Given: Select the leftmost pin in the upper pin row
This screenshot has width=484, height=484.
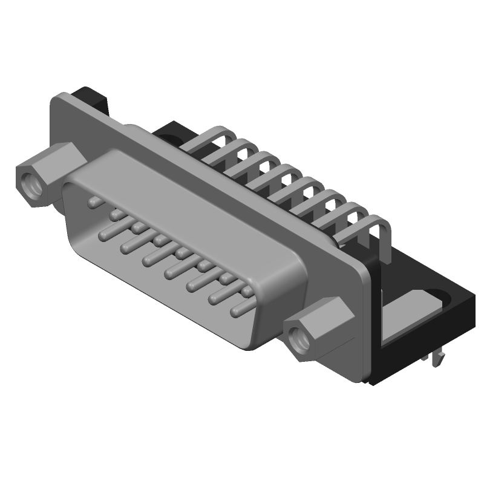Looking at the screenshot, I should click(x=93, y=201).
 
